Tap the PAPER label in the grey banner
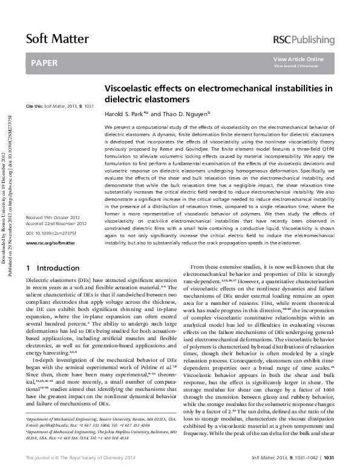coord(44,62)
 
